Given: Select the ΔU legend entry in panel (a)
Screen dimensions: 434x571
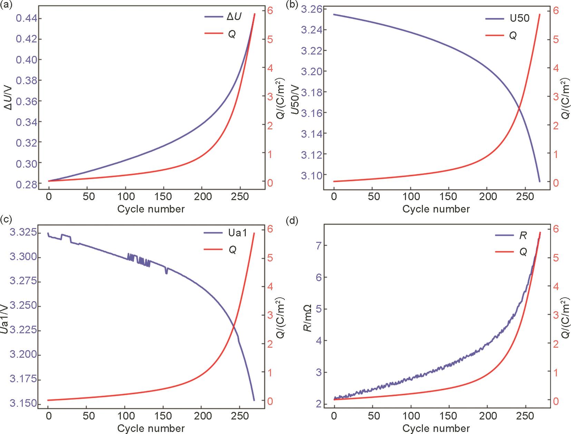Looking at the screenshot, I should tap(234, 17).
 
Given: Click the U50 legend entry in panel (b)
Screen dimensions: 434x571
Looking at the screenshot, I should tap(520, 18).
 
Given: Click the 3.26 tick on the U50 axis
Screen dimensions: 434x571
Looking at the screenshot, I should tap(311, 9).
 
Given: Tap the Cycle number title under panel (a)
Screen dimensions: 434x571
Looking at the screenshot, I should tap(151, 209).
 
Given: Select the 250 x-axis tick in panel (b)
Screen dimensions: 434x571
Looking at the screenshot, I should tap(525, 197).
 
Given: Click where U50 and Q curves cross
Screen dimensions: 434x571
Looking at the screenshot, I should tap(519, 108).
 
